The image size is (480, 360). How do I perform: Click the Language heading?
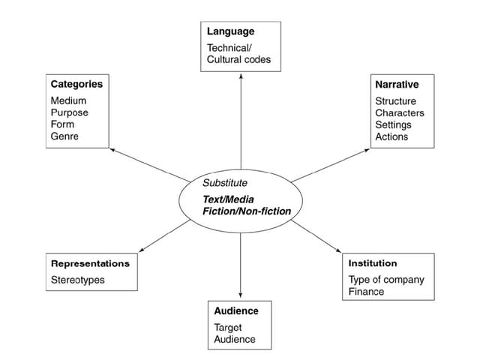[231, 31]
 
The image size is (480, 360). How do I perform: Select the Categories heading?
[76, 84]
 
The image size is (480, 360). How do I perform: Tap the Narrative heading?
[397, 84]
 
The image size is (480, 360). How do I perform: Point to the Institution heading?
[373, 263]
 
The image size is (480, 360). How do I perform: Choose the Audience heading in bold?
[236, 310]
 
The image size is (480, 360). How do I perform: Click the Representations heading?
[90, 263]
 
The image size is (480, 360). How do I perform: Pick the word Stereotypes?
[78, 280]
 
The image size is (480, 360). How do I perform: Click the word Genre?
[64, 136]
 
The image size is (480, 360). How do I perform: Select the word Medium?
[68, 100]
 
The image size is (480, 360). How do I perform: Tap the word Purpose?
[70, 112]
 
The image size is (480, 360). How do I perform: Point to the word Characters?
[400, 112]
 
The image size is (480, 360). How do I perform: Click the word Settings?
[393, 124]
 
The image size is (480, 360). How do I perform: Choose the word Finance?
[366, 292]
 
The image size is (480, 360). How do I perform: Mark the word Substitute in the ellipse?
[225, 182]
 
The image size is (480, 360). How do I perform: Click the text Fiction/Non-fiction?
[247, 211]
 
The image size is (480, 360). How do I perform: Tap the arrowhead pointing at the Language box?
[241, 75]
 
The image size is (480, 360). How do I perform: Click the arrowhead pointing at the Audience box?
[241, 295]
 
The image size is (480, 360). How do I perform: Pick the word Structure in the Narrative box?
[396, 100]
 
